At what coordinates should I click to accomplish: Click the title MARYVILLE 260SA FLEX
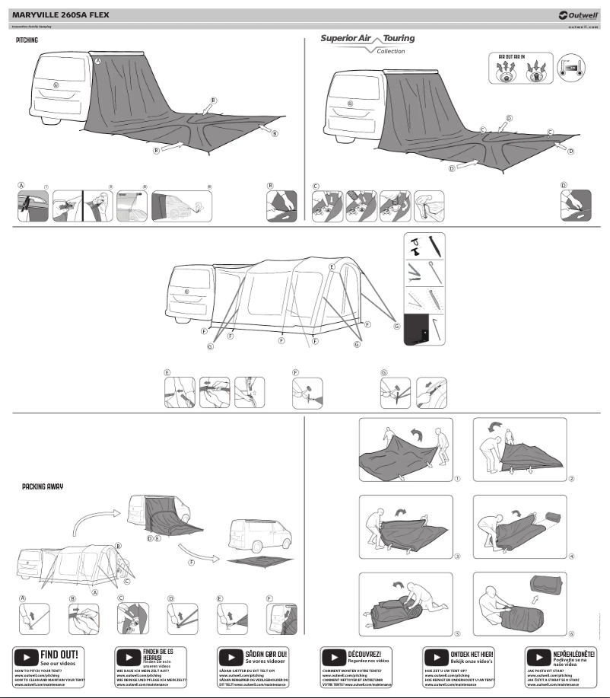65,14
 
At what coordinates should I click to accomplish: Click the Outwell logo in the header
581,15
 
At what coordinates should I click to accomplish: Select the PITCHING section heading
27,40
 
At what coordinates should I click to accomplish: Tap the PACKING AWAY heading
43,486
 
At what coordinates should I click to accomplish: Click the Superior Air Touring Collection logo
367,43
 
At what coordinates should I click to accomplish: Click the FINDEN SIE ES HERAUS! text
159,655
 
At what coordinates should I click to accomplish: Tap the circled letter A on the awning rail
97,60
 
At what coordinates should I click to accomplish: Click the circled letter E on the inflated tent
332,268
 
